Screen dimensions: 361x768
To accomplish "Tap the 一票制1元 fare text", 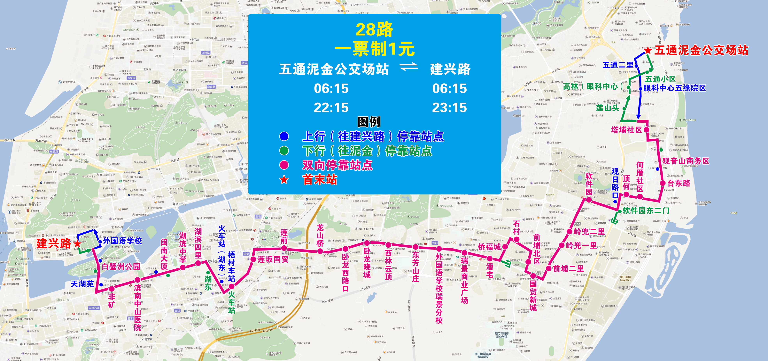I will coord(375,49).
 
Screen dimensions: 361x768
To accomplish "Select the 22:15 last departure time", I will coord(331,108).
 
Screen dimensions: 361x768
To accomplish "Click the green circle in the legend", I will coord(284,151).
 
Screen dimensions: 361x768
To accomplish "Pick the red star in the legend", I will coord(284,180).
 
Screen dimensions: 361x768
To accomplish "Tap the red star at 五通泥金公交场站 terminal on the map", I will coord(648,50).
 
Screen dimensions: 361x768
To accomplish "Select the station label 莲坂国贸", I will coord(273,259).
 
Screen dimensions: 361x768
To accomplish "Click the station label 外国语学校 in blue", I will coord(122,241).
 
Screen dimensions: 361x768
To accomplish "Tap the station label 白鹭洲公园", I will coord(121,266).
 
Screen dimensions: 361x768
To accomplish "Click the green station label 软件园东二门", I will coord(646,210).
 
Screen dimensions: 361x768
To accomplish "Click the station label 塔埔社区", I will coord(626,130).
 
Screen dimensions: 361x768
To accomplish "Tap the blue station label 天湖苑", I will coord(82,284).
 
